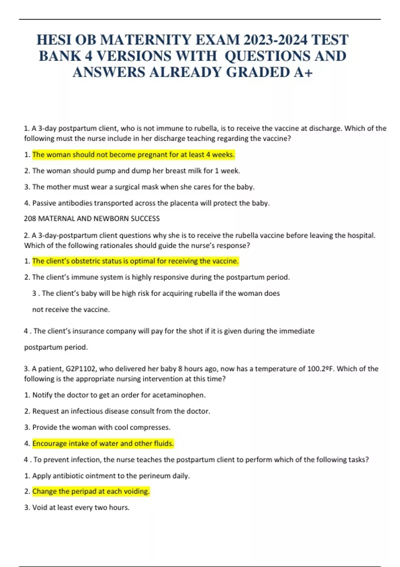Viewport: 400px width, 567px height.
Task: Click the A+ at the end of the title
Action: click(303, 72)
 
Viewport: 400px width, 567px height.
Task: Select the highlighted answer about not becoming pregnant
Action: click(133, 155)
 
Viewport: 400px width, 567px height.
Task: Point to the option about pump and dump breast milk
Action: click(136, 171)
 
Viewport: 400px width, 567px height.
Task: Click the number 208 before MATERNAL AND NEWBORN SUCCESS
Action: click(30, 219)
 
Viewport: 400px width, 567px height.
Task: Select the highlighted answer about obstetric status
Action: click(135, 261)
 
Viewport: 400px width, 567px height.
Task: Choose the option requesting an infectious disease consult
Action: click(121, 411)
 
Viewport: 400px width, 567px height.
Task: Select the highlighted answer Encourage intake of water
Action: click(103, 444)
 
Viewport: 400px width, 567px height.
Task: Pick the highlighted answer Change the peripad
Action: click(91, 492)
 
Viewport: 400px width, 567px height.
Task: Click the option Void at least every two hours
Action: click(81, 508)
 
